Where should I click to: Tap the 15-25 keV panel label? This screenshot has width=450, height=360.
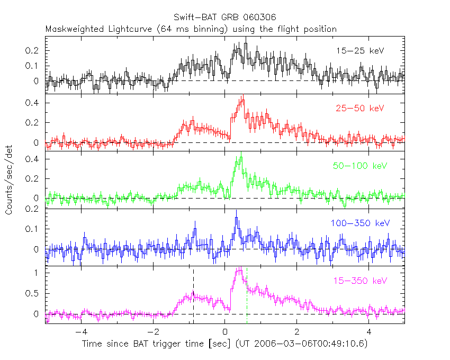[x=359, y=51]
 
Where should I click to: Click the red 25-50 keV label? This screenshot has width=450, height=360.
[x=359, y=108]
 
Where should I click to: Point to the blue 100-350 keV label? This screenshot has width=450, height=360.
[x=360, y=223]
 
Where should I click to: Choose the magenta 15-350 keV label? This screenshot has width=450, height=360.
[x=360, y=281]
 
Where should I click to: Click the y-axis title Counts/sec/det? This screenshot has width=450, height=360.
[x=9, y=180]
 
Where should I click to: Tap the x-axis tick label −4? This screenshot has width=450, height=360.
[x=80, y=333]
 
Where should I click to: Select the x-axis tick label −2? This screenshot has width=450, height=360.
[x=152, y=333]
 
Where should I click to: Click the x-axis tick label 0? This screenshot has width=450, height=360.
[x=225, y=333]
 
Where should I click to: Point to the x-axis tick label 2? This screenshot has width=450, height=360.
[x=297, y=333]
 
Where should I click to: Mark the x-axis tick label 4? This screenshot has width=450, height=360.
[x=370, y=333]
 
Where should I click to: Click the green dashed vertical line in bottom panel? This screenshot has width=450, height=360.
[x=247, y=296]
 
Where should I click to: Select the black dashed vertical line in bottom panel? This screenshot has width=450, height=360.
[x=193, y=296]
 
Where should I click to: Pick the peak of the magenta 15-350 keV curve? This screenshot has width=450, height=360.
[x=239, y=271]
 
